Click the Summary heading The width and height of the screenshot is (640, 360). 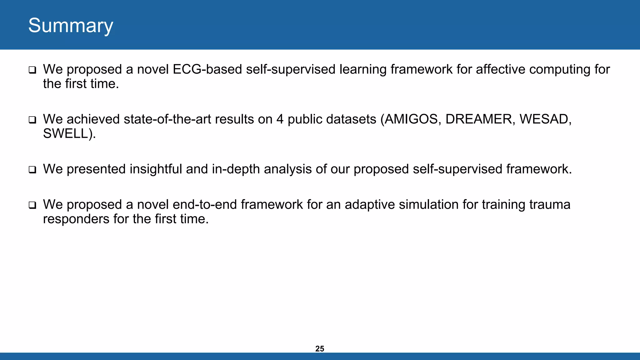coord(71,26)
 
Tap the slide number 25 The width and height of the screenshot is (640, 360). coord(320,349)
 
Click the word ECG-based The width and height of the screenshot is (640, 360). coord(207,69)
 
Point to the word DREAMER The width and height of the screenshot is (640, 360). coord(478,119)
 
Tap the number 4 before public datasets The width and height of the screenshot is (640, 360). coord(280,119)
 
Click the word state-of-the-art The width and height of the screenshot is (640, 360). coord(167,119)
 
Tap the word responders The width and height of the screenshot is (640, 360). coord(76,219)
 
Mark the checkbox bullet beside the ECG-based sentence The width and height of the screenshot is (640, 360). coord(32,70)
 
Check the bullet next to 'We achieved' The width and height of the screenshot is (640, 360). coord(32,120)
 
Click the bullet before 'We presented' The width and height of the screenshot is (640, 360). coord(32,170)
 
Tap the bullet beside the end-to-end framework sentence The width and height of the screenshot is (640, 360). coord(32,205)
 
